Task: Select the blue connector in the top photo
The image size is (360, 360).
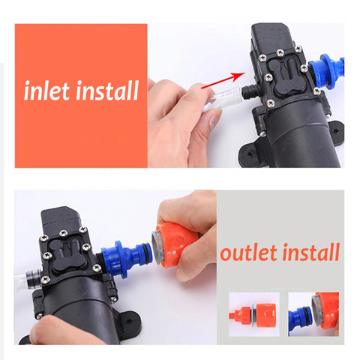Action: (329, 71)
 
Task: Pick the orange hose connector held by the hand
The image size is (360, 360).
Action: (177, 243)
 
